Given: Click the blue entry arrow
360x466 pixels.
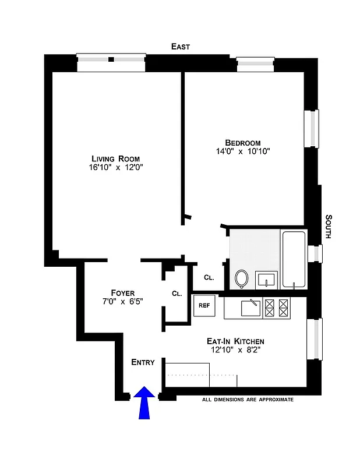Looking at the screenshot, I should (144, 403).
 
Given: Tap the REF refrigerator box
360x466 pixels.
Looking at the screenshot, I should (204, 305).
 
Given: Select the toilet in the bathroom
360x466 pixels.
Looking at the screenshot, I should (242, 279).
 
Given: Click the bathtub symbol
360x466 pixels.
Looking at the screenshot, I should (294, 259).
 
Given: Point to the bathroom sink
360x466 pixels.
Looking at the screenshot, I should (266, 280).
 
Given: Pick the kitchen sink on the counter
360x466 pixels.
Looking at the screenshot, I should (252, 307).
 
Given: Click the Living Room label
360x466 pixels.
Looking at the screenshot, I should (115, 158).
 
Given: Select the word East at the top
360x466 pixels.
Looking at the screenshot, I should (180, 47).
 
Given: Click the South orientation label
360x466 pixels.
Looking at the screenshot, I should (328, 227).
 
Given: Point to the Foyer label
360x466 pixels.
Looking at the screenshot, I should (123, 292).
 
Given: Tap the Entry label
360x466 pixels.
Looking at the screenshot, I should (143, 362).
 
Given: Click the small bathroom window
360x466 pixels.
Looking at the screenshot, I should (315, 253).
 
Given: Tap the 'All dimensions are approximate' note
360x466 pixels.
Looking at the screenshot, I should (248, 400).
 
